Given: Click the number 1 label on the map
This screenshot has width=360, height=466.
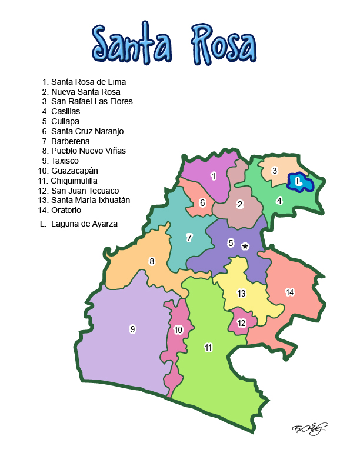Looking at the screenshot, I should point(214,176).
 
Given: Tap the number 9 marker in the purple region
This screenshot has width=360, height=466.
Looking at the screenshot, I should point(132,329).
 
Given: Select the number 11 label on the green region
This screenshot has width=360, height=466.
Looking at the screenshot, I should point(208,347).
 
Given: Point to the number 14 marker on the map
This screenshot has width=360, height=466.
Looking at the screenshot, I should point(289,292).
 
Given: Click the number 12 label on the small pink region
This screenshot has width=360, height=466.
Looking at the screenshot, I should point(241,323).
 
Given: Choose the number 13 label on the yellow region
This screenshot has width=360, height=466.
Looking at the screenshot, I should point(241,293).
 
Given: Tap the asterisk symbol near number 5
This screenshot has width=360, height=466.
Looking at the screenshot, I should point(245,247).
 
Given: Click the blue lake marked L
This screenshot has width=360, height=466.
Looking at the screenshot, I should point(299,182).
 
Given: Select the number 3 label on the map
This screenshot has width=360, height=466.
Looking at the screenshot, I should point(274,171).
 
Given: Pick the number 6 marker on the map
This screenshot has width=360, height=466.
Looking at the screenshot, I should point(202,203).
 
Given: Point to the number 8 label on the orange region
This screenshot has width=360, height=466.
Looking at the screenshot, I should point(152,261).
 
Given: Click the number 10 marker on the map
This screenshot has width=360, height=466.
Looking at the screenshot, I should point(178,329).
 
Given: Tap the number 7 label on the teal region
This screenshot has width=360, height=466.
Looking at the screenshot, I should point(189,238).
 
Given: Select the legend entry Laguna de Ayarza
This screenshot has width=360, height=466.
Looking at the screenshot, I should point(84,224).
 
